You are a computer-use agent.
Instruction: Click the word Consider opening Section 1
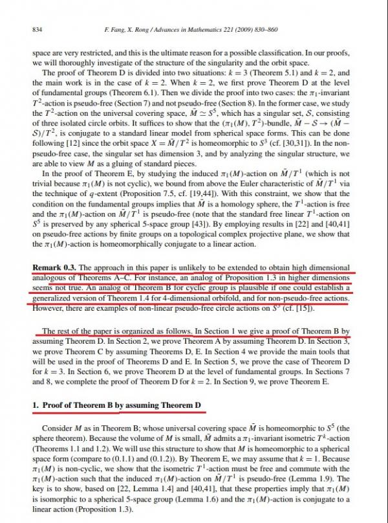[60, 428]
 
